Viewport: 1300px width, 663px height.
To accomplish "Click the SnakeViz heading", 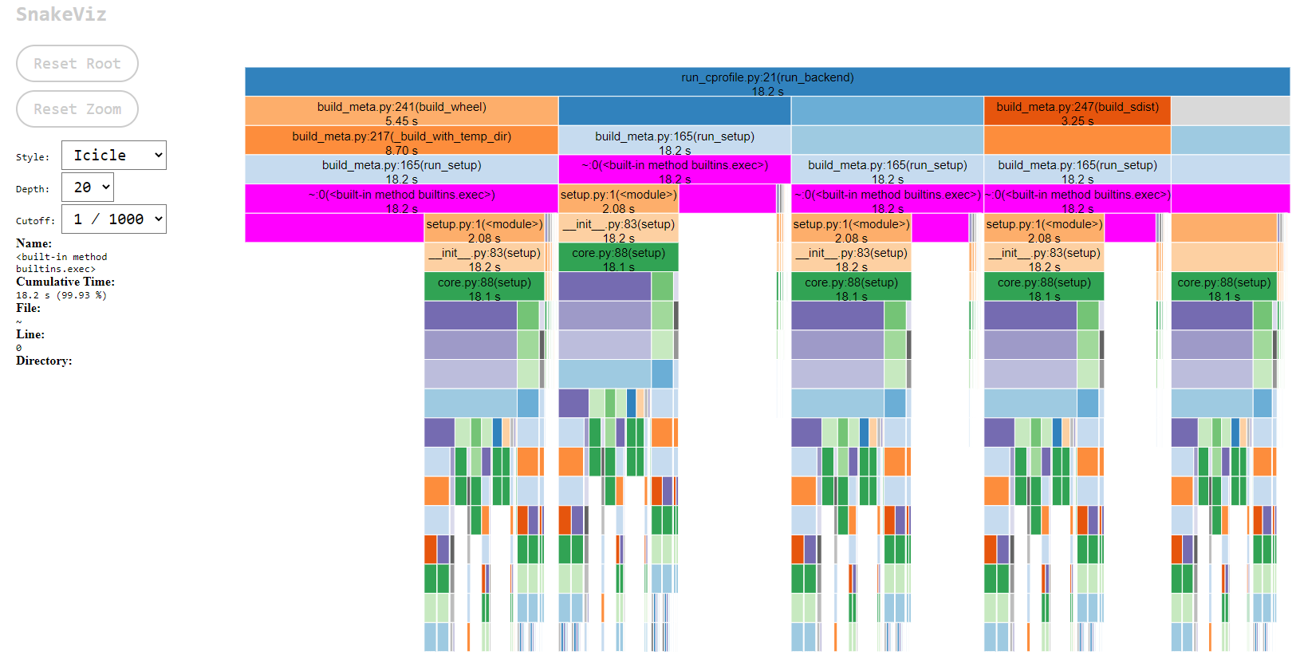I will coord(61,14).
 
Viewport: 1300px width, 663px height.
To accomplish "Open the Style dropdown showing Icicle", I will coord(114,156).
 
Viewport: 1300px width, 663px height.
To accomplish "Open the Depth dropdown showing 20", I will coord(88,187).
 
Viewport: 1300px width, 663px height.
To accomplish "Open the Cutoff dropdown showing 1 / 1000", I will coord(114,219).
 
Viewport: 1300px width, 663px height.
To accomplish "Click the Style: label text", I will coord(33,157).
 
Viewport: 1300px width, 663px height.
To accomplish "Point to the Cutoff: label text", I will coord(36,221).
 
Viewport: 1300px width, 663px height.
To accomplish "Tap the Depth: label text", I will coord(33,189).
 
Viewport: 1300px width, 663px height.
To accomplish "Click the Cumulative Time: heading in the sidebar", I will coord(65,282).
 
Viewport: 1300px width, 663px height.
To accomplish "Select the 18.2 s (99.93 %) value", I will coord(61,295).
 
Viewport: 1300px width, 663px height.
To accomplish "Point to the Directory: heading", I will coord(44,361).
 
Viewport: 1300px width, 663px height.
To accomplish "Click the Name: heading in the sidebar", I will coord(33,243).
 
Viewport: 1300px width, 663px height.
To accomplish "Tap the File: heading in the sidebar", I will coord(28,308).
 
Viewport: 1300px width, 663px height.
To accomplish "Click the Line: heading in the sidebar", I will coord(30,334).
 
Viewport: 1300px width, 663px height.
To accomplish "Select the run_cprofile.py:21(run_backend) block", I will coord(767,82).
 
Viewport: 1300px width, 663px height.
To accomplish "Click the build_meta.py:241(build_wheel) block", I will coord(401,112).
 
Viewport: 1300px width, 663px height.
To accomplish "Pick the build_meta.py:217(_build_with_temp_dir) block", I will coord(401,140).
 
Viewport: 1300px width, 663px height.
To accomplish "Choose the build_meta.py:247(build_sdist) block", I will coord(1077,112).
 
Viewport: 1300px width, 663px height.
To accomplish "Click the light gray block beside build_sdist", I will coord(1230,112).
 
